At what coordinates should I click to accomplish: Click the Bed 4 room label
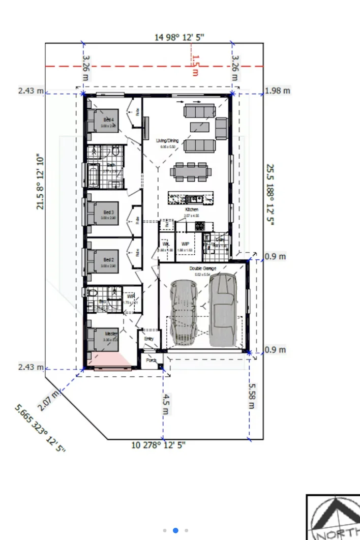(108, 119)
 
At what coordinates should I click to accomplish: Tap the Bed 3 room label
(108, 212)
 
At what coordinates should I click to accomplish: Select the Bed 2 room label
(108, 260)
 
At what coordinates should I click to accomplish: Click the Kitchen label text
(191, 209)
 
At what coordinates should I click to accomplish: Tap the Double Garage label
(203, 268)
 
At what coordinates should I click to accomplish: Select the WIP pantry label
(185, 244)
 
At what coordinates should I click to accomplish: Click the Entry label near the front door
(149, 339)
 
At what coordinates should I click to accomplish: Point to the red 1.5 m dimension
(195, 66)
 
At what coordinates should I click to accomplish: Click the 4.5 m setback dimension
(166, 404)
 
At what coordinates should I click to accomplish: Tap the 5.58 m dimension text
(252, 396)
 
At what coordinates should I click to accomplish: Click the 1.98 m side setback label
(278, 91)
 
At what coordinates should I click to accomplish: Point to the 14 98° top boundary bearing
(179, 37)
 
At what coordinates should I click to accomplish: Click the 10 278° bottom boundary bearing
(159, 445)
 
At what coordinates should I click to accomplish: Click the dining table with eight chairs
(190, 171)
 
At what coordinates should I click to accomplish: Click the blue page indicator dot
(175, 530)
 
